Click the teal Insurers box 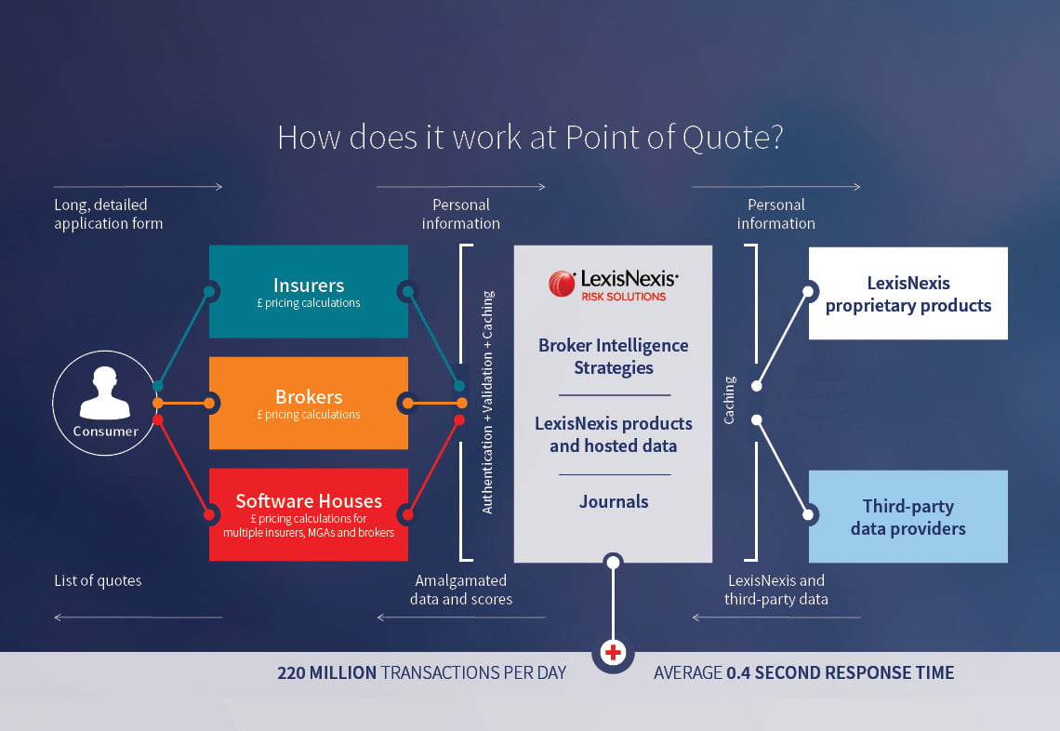[x=309, y=291]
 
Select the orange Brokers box [x=309, y=403]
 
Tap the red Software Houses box [x=309, y=514]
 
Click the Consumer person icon [x=105, y=392]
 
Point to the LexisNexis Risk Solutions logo [x=613, y=285]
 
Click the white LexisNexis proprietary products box [x=908, y=294]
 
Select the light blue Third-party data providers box [x=908, y=517]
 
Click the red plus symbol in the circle [x=613, y=653]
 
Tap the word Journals [x=613, y=501]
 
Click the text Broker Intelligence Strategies [x=613, y=356]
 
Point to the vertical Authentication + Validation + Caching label [x=487, y=403]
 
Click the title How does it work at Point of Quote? [x=530, y=138]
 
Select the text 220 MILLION [x=326, y=672]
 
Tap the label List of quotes [x=98, y=580]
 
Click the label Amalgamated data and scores [x=461, y=590]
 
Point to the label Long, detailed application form [x=108, y=214]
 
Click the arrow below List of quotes [x=139, y=618]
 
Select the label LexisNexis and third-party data [x=776, y=590]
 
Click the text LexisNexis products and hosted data [x=613, y=435]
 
